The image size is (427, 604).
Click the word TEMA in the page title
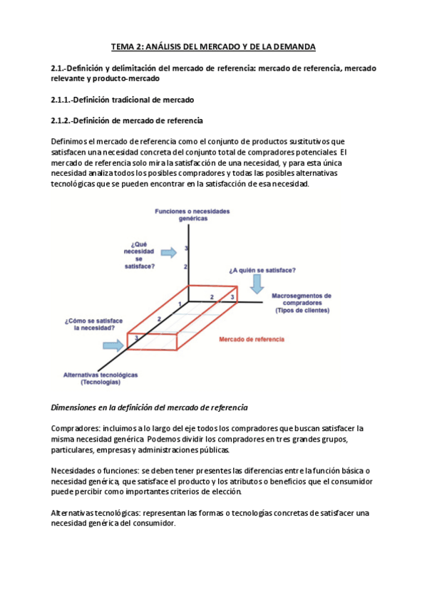click(123, 47)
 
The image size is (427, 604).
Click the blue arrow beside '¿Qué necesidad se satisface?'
click(169, 252)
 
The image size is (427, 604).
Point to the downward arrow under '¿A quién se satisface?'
click(257, 284)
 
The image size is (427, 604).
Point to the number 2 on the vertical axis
click(185, 266)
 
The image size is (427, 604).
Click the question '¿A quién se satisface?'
click(263, 271)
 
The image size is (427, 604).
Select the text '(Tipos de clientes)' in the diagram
click(302, 311)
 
